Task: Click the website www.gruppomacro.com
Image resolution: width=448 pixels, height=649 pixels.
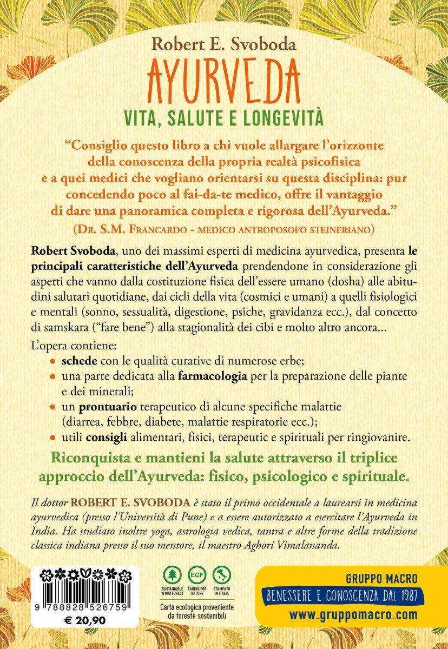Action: coord(353,615)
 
